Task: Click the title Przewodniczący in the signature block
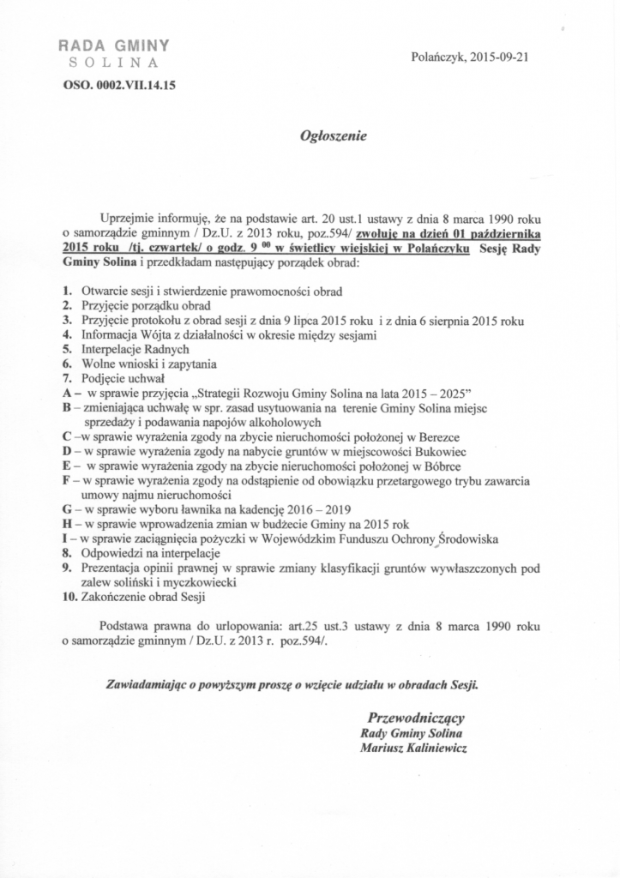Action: pyautogui.click(x=416, y=718)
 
